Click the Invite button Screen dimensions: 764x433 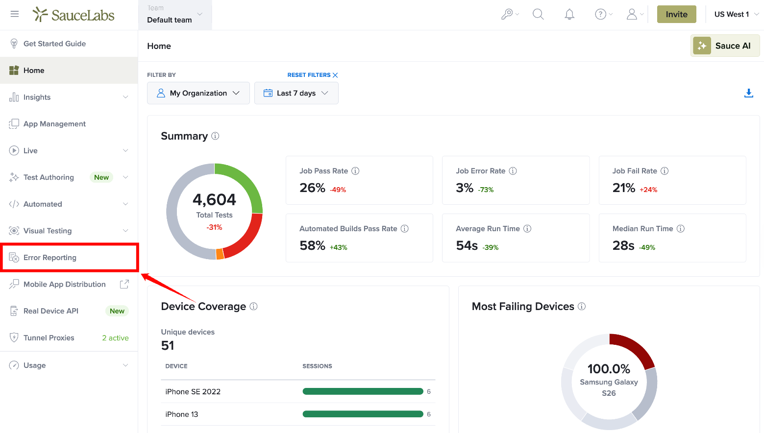tap(676, 14)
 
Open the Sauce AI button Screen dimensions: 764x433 tap(725, 46)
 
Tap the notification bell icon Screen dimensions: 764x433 tap(569, 14)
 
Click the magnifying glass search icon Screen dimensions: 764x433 tap(538, 14)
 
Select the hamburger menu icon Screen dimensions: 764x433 tap(15, 14)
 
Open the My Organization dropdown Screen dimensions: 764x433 tap(198, 93)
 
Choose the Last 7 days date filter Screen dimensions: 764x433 tap(296, 93)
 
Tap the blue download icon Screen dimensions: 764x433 tap(748, 93)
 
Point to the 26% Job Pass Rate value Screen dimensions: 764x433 tap(312, 188)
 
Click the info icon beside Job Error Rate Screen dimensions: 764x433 tap(513, 171)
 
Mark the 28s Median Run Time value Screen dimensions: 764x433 tap(623, 245)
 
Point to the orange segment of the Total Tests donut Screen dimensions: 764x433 tap(220, 254)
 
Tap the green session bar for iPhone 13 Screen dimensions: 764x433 tap(363, 414)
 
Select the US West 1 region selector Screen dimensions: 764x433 tap(736, 14)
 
